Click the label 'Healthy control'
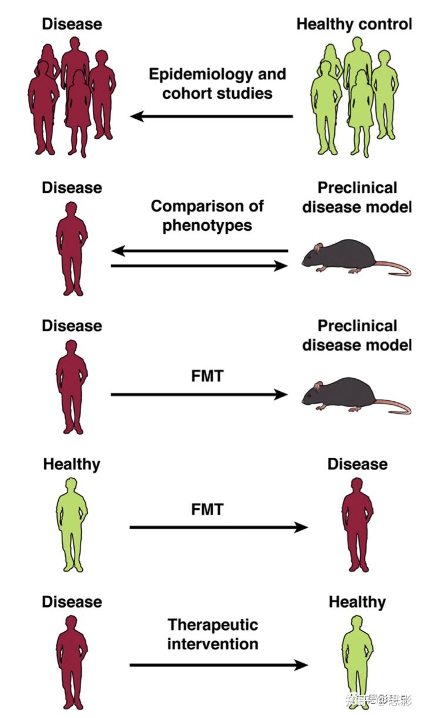354,25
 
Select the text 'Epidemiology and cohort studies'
217,83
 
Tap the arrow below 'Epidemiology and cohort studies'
211,116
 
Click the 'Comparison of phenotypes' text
207,215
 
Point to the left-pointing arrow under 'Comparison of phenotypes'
200,251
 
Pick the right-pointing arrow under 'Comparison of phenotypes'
200,266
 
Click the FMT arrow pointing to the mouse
200,394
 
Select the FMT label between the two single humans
207,509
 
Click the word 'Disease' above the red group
72,25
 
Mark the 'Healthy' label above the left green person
72,464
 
